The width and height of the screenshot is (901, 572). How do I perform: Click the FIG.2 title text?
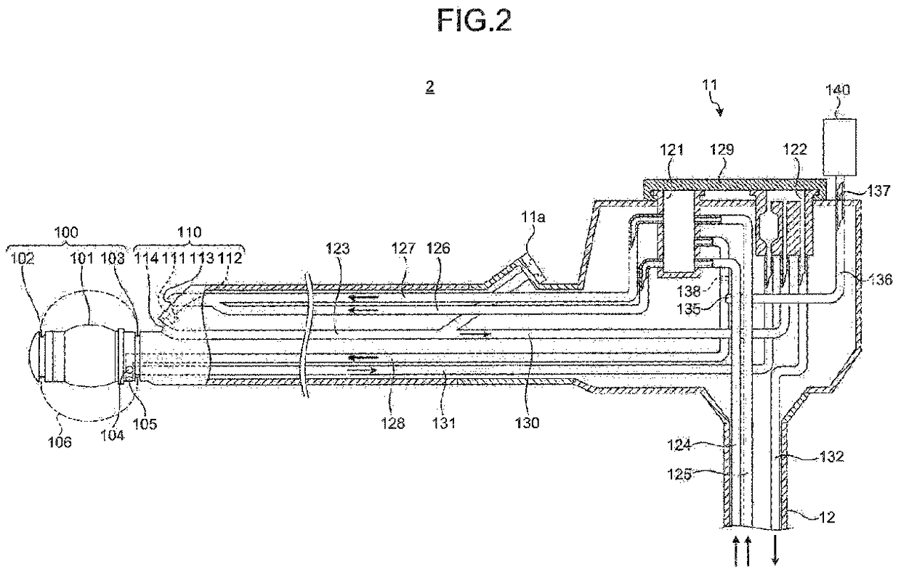[474, 20]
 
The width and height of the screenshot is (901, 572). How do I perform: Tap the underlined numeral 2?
[430, 87]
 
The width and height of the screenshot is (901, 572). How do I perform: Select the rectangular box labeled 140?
[840, 147]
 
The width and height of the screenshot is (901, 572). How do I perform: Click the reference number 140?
[838, 90]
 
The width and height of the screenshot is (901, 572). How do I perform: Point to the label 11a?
[533, 217]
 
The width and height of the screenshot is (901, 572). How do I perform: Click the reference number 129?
[722, 150]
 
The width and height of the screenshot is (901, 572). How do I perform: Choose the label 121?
[671, 150]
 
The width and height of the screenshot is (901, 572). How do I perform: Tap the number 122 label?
[795, 150]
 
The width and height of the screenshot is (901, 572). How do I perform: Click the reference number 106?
[60, 442]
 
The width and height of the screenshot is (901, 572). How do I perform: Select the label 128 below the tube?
[392, 423]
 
